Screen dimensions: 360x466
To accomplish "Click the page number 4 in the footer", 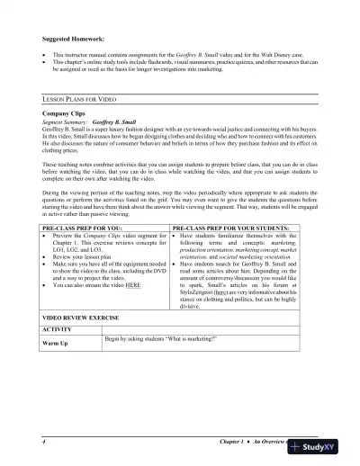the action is pyautogui.click(x=44, y=444).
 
